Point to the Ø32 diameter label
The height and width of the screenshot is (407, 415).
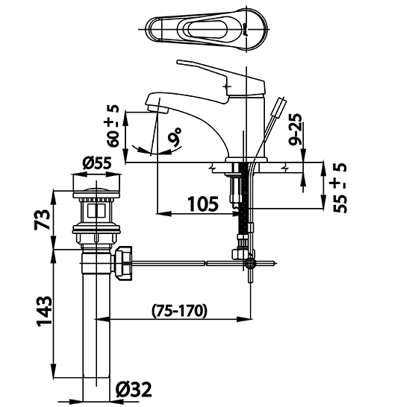135,388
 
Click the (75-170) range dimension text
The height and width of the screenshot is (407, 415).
179,309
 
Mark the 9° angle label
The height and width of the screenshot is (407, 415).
176,137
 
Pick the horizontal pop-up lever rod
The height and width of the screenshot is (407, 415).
187,262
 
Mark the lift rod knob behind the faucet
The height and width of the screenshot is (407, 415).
281,105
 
